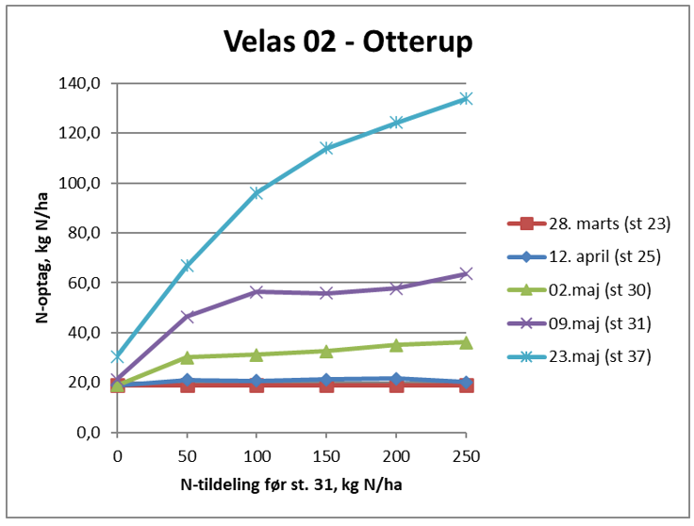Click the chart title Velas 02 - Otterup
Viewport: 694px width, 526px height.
tap(347, 41)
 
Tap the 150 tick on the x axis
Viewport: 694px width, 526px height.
tap(326, 456)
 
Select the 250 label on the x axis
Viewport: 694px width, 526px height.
tap(466, 456)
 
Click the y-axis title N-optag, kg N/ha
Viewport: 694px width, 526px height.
tap(43, 256)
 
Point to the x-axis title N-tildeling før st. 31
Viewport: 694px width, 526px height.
tap(290, 486)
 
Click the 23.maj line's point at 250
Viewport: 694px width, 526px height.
tap(466, 98)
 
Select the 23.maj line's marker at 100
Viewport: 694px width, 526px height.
tap(256, 193)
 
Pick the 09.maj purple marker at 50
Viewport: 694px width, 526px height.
tap(187, 317)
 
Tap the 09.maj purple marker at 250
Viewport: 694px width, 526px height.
tap(466, 274)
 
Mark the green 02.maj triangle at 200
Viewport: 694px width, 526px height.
tap(396, 345)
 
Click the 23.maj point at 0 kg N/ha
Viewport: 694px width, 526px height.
tap(117, 357)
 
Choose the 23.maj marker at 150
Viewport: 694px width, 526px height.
tap(326, 148)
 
